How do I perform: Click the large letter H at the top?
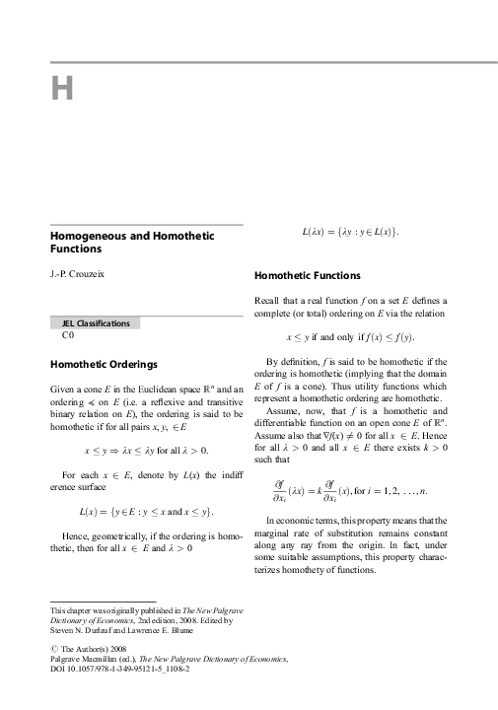click(x=63, y=90)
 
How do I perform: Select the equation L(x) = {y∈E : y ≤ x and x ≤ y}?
click(x=145, y=513)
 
